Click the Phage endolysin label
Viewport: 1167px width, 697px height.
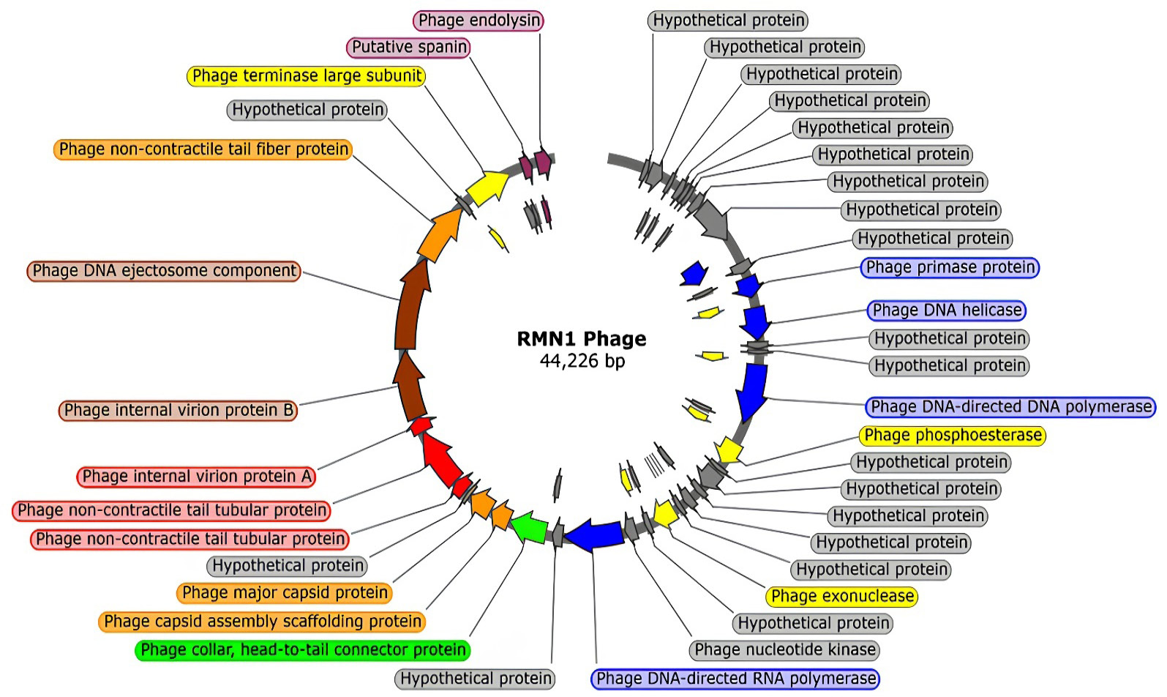click(x=479, y=20)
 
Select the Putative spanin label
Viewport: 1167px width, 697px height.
click(x=409, y=47)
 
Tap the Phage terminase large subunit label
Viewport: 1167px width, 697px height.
click(x=307, y=75)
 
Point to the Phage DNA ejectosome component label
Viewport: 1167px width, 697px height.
click(x=164, y=271)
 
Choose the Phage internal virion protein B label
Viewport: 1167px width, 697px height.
click(x=179, y=410)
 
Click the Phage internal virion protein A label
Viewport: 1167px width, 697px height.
click(x=196, y=477)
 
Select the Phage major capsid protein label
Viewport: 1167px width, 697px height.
click(x=285, y=593)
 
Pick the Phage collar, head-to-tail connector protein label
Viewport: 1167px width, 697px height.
click(x=303, y=650)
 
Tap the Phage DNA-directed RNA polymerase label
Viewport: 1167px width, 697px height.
click(x=735, y=679)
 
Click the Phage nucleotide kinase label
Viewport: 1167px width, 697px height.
click(x=785, y=649)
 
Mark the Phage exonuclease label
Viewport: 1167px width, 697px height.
click(x=842, y=596)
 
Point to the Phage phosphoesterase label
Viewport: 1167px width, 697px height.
click(x=953, y=436)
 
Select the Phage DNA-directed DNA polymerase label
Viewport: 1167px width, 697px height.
click(x=1010, y=406)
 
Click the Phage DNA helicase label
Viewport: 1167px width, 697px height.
click(x=947, y=310)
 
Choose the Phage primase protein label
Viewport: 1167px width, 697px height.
click(x=950, y=267)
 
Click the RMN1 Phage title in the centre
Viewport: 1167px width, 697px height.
click(x=582, y=339)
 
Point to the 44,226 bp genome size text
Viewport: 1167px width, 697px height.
click(x=582, y=361)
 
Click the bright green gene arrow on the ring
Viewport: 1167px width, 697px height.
click(x=529, y=528)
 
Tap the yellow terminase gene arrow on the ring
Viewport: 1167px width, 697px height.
click(x=487, y=187)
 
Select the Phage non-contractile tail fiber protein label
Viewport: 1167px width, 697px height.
click(x=203, y=149)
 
